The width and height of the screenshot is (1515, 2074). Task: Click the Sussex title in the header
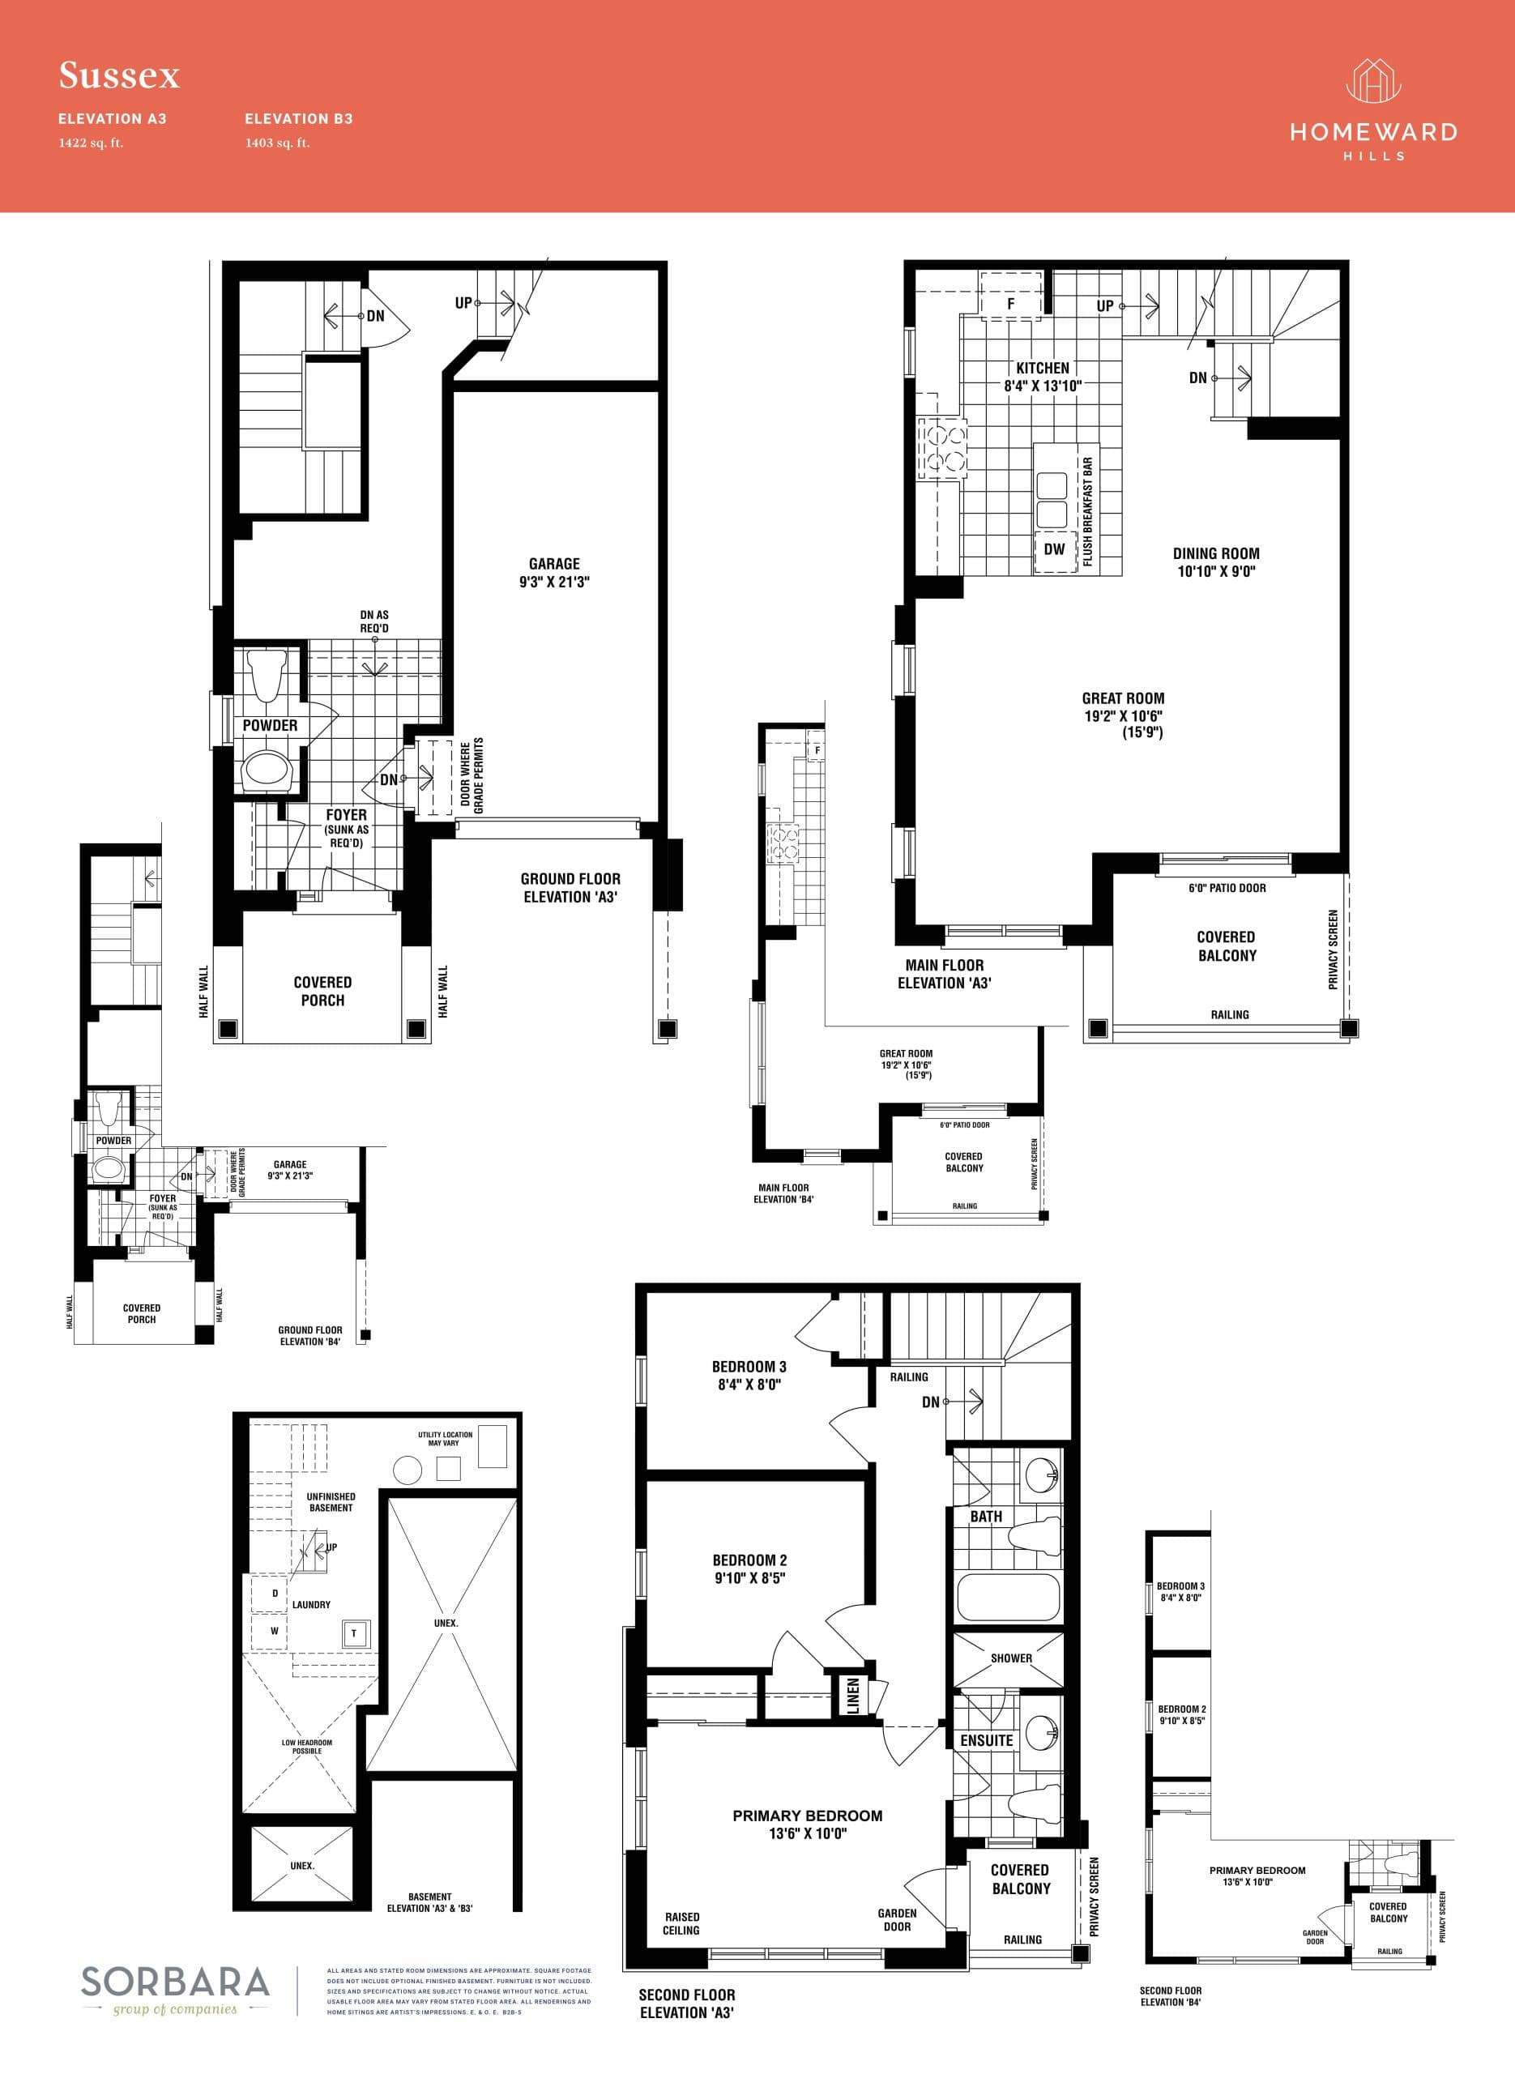click(119, 75)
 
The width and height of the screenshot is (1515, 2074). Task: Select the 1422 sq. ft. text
click(90, 143)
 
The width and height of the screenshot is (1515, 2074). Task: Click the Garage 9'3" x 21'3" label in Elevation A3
click(554, 572)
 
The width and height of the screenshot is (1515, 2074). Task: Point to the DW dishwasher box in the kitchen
click(1055, 549)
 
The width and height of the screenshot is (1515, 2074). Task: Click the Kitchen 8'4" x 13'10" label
click(1042, 377)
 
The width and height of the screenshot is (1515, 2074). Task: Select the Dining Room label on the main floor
click(1216, 562)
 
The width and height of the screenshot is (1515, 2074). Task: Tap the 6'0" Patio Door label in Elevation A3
click(1227, 888)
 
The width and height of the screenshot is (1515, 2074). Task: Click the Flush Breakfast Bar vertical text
click(1089, 512)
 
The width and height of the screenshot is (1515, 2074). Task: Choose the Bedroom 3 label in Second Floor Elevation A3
click(749, 1376)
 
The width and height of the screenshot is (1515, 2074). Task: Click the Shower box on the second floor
click(1010, 1658)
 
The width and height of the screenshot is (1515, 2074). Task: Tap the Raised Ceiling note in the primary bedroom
click(681, 1923)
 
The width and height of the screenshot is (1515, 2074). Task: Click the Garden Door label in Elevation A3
click(897, 1919)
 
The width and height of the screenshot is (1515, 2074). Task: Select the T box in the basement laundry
click(354, 1633)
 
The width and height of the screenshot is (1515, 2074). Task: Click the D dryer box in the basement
click(274, 1594)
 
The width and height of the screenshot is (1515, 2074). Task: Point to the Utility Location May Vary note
click(445, 1439)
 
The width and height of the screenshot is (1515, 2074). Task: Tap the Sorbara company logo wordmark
click(175, 1983)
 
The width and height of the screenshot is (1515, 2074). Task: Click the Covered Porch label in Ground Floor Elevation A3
click(322, 991)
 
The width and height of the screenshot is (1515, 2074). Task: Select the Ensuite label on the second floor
click(987, 1740)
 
